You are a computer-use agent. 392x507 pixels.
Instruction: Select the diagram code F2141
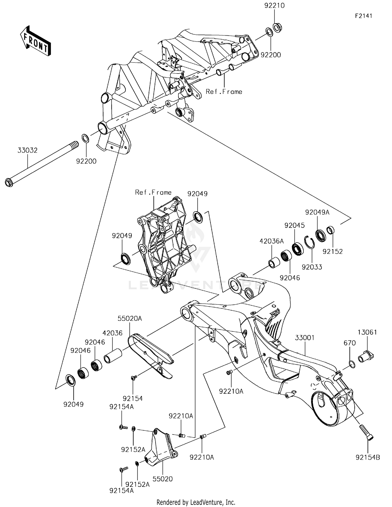(364, 16)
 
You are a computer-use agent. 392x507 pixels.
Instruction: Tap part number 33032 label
(27, 150)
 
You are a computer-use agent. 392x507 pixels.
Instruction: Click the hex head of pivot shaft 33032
(9, 183)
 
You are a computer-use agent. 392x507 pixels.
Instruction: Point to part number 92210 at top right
(274, 5)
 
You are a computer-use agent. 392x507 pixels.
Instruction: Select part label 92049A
(317, 212)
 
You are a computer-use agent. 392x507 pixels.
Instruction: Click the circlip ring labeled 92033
(310, 242)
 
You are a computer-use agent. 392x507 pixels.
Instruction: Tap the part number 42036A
(272, 241)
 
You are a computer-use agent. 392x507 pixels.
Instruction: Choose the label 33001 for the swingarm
(305, 338)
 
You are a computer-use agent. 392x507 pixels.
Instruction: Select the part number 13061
(367, 332)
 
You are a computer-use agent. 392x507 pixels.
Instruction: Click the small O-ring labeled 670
(352, 364)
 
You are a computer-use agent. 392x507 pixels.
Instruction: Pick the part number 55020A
(130, 318)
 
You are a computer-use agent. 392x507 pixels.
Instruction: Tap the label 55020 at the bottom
(163, 479)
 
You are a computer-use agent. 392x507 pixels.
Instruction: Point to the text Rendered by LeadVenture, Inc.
(196, 502)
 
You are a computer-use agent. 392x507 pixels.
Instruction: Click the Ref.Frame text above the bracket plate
(153, 192)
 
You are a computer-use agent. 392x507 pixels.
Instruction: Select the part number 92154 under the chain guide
(133, 398)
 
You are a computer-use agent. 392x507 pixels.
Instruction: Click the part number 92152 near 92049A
(332, 251)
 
